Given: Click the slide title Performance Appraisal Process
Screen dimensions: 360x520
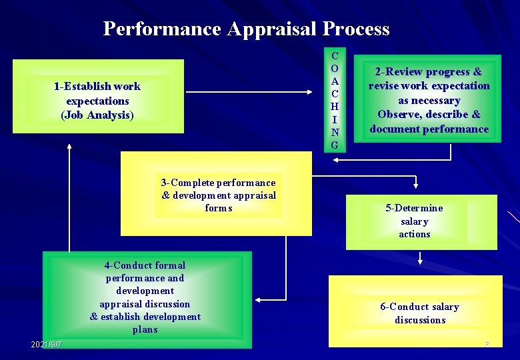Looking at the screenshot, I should point(246,29).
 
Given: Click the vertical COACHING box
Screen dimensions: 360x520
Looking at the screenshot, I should point(335,100).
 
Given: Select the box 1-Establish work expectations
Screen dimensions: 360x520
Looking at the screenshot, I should point(97,100).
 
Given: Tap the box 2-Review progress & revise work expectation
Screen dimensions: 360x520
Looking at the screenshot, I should point(429,99).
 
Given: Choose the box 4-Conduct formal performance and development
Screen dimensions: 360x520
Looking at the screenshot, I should point(145,297).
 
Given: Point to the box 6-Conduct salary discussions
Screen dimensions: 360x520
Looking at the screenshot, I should point(420,313).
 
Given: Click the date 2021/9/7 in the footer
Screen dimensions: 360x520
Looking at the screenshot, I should point(47,344).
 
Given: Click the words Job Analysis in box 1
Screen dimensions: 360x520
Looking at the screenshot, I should point(97,115).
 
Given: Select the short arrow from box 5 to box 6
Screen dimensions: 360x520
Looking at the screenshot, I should point(420,259).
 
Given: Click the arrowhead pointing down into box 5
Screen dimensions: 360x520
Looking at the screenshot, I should point(416,185).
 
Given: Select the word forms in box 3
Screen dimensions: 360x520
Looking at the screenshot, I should point(219,208).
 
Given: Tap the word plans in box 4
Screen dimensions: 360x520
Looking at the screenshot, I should point(145,329).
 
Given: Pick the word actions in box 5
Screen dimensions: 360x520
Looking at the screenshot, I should point(415,234).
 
